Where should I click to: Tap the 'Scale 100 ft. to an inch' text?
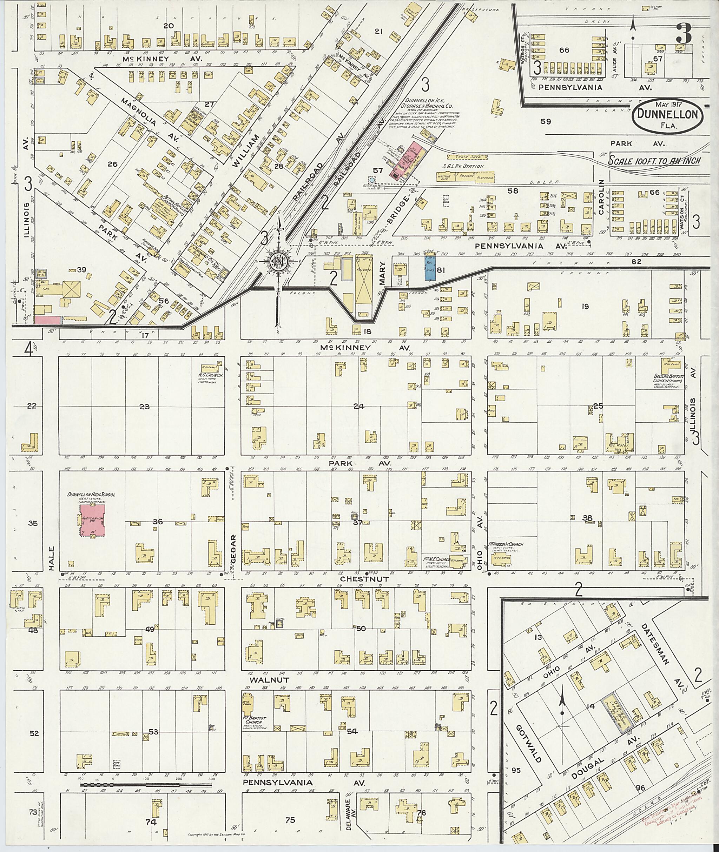click(x=654, y=160)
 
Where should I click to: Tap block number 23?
click(x=145, y=406)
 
